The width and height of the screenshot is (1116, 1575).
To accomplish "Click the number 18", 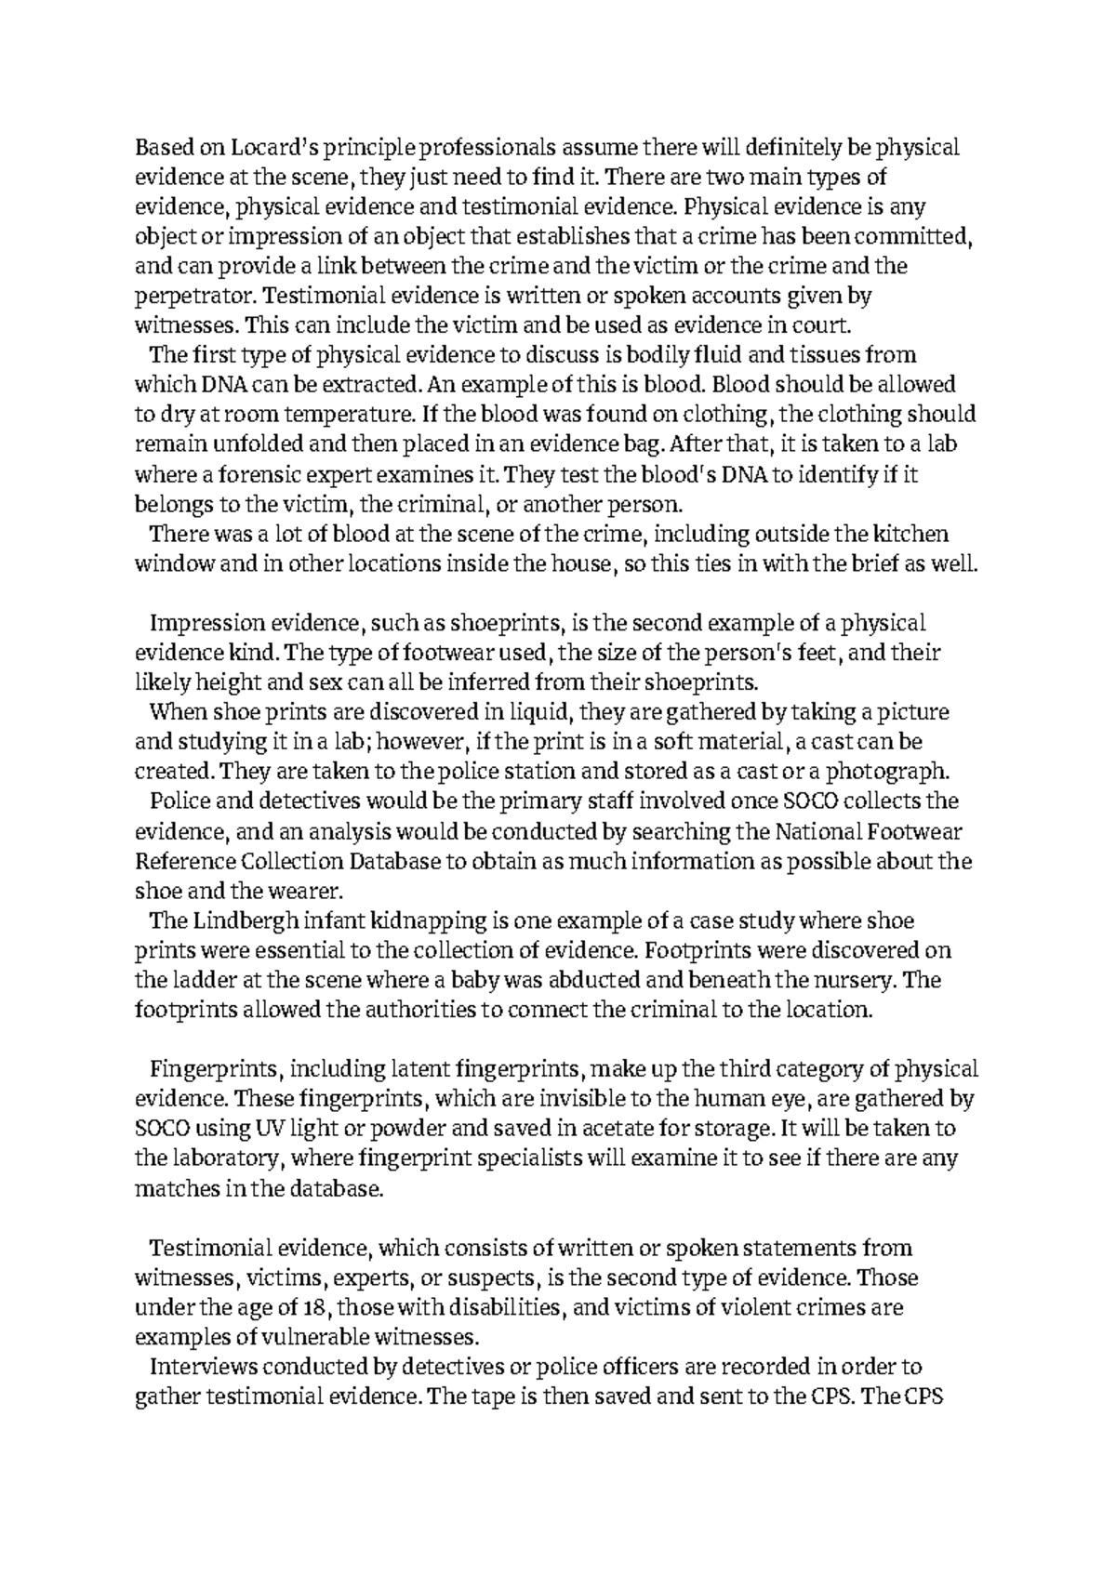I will tap(314, 1307).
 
